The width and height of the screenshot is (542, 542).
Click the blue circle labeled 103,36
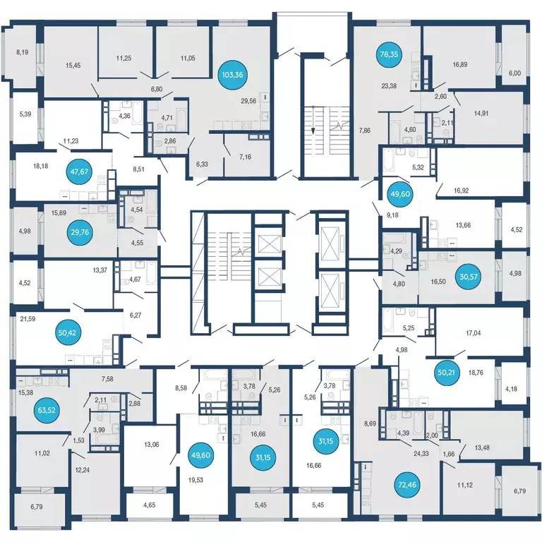(233, 75)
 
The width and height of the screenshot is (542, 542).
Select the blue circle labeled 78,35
(389, 54)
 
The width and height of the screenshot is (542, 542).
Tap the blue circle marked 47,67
(80, 171)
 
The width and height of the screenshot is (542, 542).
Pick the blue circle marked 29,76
(80, 232)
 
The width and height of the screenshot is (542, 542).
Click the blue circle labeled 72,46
(407, 485)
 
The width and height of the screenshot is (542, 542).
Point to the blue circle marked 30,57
(469, 277)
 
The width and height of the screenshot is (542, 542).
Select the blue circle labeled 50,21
(446, 373)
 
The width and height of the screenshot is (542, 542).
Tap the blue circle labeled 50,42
(68, 333)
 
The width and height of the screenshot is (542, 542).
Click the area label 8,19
(22, 52)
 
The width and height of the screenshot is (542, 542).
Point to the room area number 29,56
(248, 101)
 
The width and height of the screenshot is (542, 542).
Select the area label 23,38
(389, 86)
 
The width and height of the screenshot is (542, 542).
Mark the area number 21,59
(28, 319)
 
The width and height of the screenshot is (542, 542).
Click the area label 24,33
(421, 454)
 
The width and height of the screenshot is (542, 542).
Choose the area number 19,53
(195, 480)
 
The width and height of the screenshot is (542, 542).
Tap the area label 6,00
(514, 73)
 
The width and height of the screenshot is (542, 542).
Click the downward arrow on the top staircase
(313, 120)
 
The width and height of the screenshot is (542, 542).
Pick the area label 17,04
(474, 333)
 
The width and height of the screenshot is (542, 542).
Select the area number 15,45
(73, 66)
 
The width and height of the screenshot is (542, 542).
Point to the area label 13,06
(152, 445)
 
